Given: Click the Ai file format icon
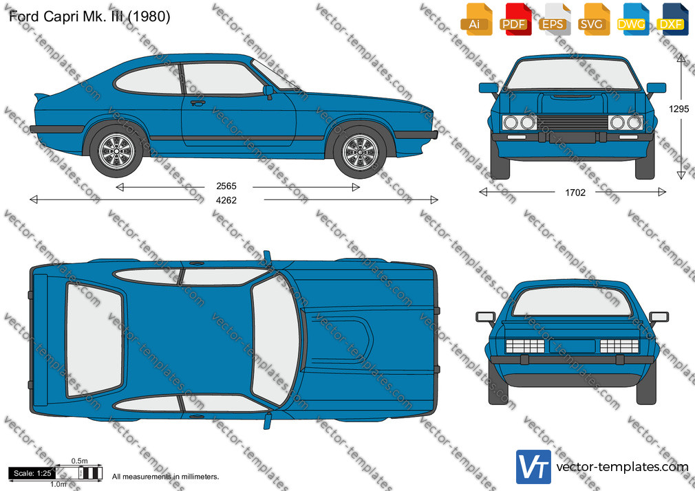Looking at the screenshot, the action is pos(476,19).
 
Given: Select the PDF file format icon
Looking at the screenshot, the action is pos(515,19).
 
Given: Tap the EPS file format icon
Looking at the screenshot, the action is pos(555,19).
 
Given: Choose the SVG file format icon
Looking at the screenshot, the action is pos(593,19).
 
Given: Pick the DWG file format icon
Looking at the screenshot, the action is pos(633,19).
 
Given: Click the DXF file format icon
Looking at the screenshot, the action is pos(672,19).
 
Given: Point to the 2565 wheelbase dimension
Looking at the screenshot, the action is pos(226,186).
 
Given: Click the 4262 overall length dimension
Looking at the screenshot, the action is pos(226,200).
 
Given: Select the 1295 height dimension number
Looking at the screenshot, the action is pos(678,109).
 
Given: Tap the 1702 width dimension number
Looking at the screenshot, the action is pos(575,193).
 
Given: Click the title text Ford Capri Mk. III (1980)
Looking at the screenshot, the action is pos(89,17).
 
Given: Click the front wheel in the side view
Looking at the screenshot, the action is pos(360,152).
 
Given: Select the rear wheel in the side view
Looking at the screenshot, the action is pos(116,151).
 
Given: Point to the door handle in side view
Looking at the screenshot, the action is pos(197,103).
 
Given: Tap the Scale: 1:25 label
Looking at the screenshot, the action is pos(32,473).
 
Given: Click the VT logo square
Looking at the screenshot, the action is pos(533,467).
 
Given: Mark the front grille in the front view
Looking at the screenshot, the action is pos(573,122).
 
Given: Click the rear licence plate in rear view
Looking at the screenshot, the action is pos(572,346).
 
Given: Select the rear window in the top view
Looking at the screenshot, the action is pos(94,340).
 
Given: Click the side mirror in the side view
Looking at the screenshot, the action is pos(268,91).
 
